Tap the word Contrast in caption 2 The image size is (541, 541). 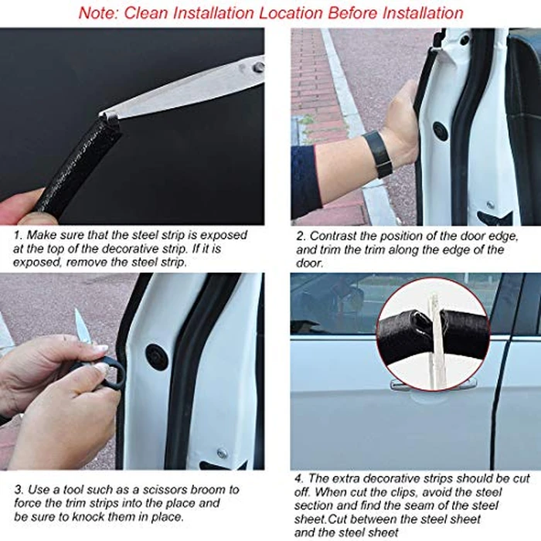click(x=337, y=236)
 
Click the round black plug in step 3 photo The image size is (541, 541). click(x=158, y=356)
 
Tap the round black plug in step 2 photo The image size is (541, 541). click(x=441, y=131)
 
